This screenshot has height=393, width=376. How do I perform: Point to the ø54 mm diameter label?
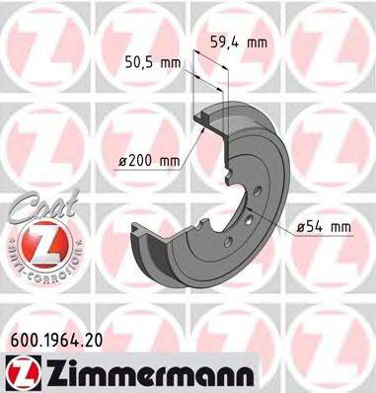coord(324,228)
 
